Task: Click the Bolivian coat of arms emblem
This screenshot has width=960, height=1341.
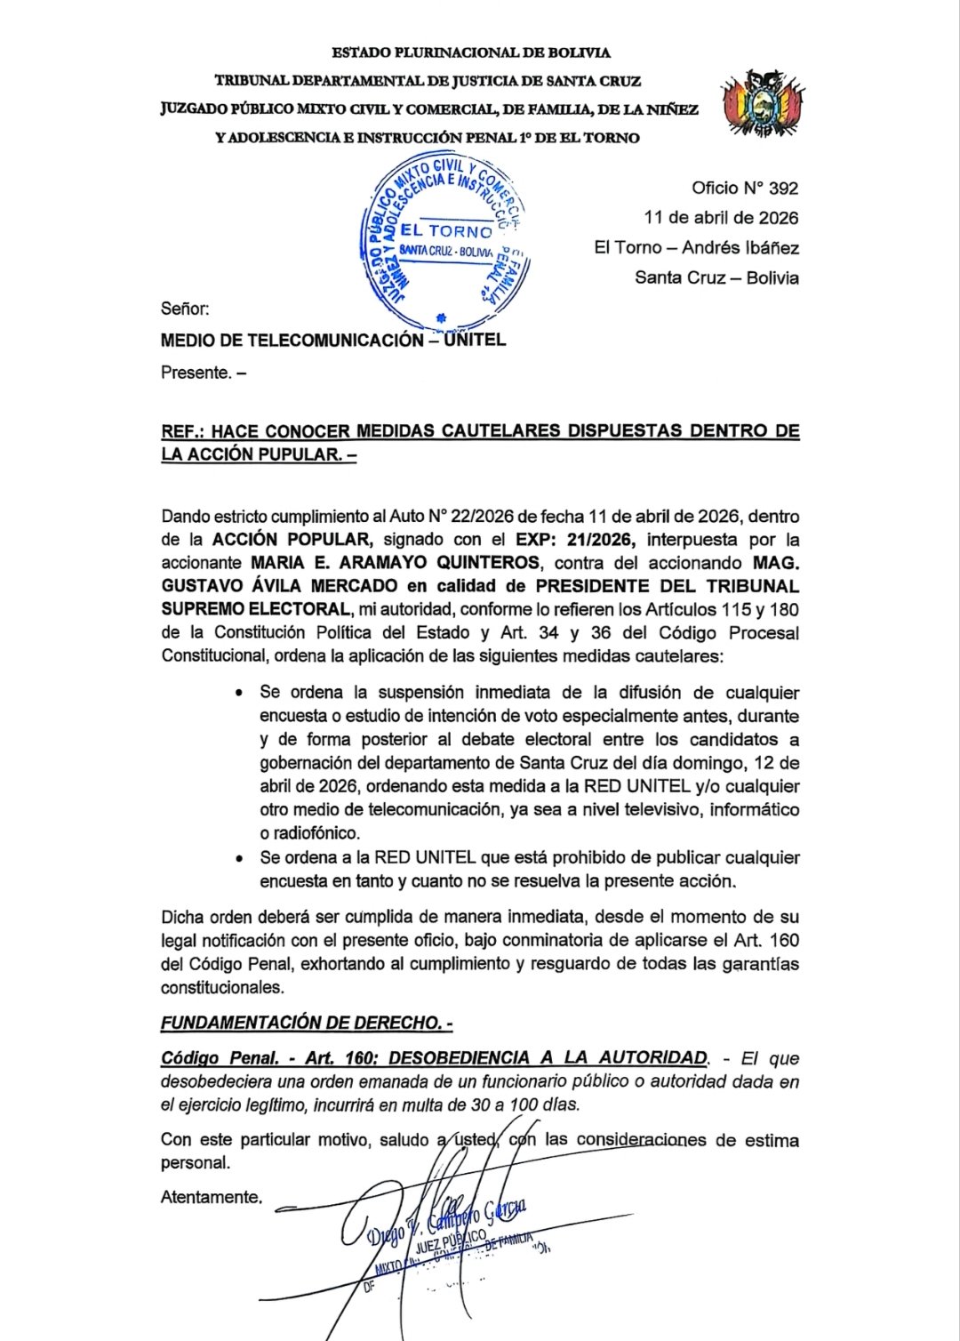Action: tap(763, 103)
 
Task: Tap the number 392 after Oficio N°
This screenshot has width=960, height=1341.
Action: tap(783, 188)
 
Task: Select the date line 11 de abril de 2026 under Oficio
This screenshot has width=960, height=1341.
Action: tap(721, 218)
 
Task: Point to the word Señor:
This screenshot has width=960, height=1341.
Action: tap(185, 309)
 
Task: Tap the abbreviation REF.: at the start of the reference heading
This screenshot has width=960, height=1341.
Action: tap(182, 431)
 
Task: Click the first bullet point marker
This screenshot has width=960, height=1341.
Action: tap(238, 693)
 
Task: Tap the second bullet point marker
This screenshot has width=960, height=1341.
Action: tap(238, 859)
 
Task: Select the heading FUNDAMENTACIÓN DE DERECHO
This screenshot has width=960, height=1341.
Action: tap(306, 1023)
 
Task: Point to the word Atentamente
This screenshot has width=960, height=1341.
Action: tap(212, 1197)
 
